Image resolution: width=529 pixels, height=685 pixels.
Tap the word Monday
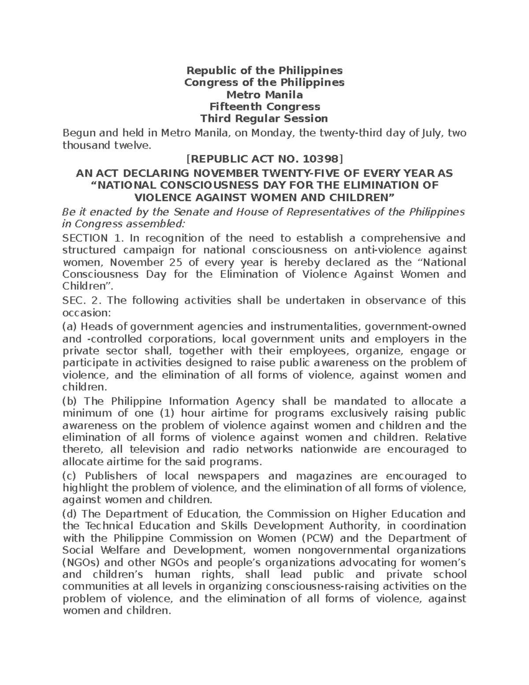pyautogui.click(x=272, y=133)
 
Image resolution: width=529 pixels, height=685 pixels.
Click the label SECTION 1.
pyautogui.click(x=91, y=239)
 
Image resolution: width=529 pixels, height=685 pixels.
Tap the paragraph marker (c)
pyautogui.click(x=70, y=476)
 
